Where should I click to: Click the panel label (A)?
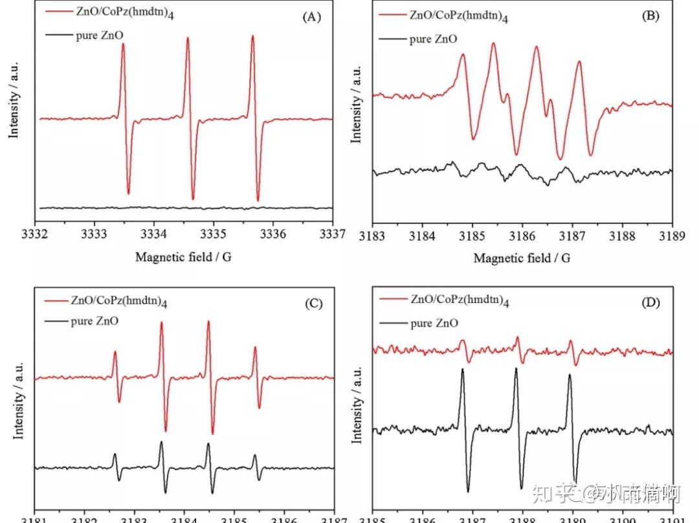coord(312,17)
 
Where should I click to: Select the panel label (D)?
coord(649,302)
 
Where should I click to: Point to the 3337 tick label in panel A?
coord(333,232)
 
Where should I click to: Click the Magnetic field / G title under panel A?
coord(183,257)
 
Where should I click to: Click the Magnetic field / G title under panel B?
coord(522,258)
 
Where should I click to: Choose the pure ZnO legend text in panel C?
coord(95,320)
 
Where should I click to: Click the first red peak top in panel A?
coord(123,44)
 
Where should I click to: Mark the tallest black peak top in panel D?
coord(516,368)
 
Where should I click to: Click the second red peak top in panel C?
coord(161,322)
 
